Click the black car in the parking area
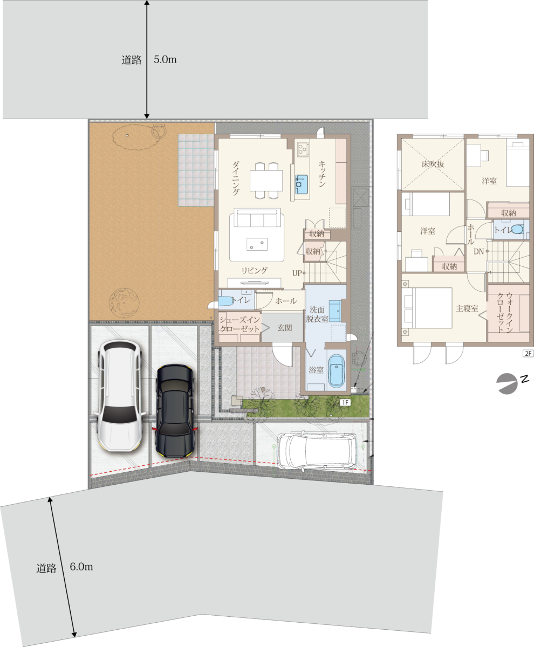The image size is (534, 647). pyautogui.click(x=175, y=410)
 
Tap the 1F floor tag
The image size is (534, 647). pyautogui.click(x=345, y=403)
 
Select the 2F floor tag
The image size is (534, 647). pyautogui.click(x=528, y=353)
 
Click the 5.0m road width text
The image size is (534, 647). pyautogui.click(x=165, y=59)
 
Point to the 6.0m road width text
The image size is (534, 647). pyautogui.click(x=81, y=567)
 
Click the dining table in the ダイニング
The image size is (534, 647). pyautogui.click(x=266, y=181)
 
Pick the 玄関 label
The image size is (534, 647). pyautogui.click(x=284, y=327)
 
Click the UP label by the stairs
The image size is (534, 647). pyautogui.click(x=297, y=273)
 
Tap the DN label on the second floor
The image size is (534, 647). pyautogui.click(x=478, y=251)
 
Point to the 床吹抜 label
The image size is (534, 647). pyautogui.click(x=433, y=163)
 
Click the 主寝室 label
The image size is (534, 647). pyautogui.click(x=467, y=308)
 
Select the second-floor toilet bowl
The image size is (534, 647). pyautogui.click(x=517, y=229)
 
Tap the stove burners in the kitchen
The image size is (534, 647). pyautogui.click(x=303, y=148)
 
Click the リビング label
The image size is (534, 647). pyautogui.click(x=254, y=271)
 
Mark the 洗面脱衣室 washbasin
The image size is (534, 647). pyautogui.click(x=334, y=310)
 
